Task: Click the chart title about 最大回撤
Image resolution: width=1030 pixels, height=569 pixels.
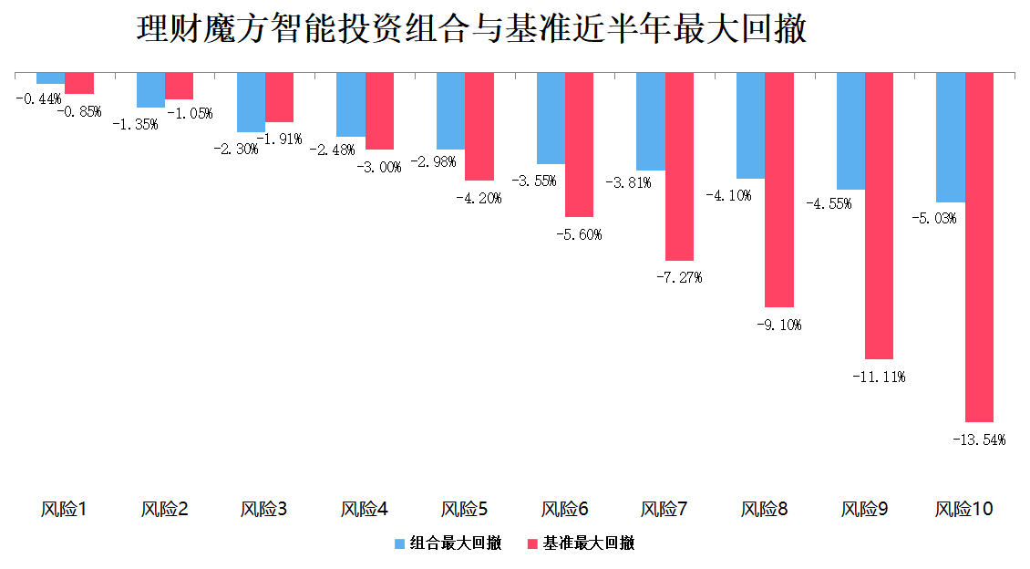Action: point(471,29)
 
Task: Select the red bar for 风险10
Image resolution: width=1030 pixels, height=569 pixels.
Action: point(979,246)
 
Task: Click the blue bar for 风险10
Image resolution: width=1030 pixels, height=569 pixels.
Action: point(951,137)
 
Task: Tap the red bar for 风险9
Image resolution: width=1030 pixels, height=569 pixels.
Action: point(879,215)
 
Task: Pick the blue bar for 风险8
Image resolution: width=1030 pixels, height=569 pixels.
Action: point(750,125)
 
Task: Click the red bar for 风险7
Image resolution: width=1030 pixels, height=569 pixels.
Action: point(679,166)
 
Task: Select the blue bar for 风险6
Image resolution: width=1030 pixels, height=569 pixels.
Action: point(551,118)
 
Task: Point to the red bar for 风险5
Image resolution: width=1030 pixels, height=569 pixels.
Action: point(479,126)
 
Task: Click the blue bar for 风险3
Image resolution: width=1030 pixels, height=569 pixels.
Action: point(251,102)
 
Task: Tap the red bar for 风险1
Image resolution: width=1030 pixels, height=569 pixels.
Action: point(79,82)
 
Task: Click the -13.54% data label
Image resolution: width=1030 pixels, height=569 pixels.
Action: point(978,440)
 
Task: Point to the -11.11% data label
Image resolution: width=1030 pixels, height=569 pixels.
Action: point(879,377)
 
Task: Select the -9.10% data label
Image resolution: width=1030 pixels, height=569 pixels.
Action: point(778,325)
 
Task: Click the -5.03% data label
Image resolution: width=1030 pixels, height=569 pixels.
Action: point(933,219)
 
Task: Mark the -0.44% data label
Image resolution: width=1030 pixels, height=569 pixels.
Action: point(38,98)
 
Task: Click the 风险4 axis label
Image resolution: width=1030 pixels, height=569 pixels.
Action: point(365,509)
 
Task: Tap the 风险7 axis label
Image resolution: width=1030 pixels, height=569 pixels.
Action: point(664,509)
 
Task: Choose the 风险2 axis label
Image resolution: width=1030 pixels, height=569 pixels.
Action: point(165,509)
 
